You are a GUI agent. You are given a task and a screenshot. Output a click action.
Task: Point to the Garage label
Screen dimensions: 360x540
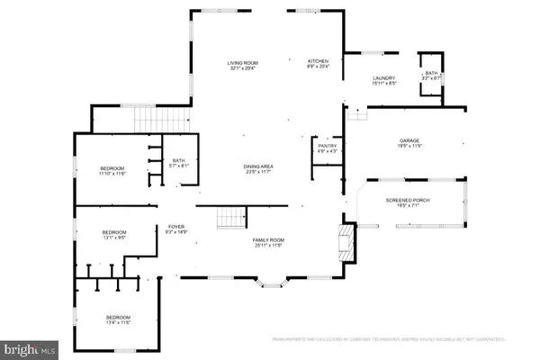(x=410, y=143)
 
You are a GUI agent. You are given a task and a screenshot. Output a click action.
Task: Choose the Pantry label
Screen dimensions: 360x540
(x=325, y=148)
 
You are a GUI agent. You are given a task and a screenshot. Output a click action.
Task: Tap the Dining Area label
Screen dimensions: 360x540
(x=258, y=169)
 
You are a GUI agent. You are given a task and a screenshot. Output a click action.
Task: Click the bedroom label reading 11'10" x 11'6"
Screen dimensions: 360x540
(x=112, y=171)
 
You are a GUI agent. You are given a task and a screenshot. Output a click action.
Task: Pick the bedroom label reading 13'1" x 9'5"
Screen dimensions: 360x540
(x=113, y=237)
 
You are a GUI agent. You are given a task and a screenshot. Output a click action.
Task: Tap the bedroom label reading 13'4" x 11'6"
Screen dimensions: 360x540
(x=119, y=320)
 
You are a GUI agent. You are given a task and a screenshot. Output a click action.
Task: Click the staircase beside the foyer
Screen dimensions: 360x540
(x=229, y=217)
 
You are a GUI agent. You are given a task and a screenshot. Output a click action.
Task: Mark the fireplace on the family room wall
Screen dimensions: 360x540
(x=342, y=240)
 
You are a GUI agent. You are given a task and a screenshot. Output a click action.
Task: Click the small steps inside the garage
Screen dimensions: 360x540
(x=360, y=113)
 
